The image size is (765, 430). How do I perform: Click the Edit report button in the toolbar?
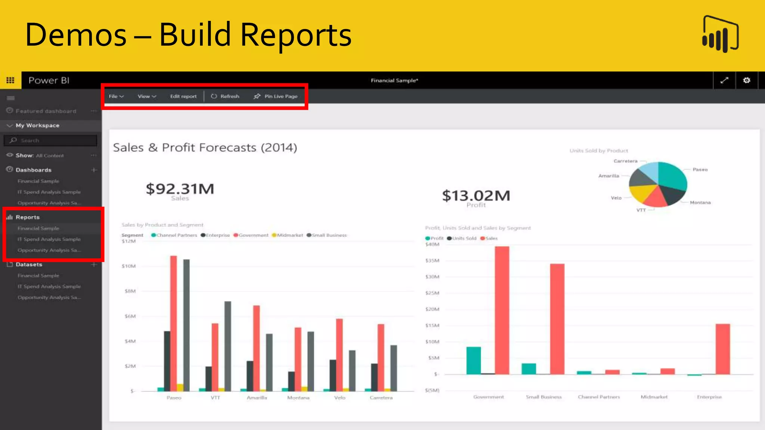click(x=183, y=96)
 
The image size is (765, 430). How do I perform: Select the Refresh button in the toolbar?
click(x=225, y=96)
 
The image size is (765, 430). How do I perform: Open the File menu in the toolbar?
click(x=116, y=96)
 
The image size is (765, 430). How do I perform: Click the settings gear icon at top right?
click(x=746, y=80)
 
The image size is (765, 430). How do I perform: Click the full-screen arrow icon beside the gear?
click(x=724, y=80)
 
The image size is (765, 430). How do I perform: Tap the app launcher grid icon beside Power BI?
click(x=10, y=80)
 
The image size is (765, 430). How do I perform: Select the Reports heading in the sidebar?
click(x=27, y=217)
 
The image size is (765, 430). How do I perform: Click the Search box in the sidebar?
click(x=52, y=140)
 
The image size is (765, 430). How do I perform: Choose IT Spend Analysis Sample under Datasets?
click(x=49, y=286)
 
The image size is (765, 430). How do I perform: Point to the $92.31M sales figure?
click(x=180, y=189)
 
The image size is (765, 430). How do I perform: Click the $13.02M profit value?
click(x=476, y=196)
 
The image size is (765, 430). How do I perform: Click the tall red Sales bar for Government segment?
click(x=502, y=310)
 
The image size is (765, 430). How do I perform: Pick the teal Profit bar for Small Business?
click(x=529, y=368)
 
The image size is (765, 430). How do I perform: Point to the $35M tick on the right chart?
click(x=432, y=261)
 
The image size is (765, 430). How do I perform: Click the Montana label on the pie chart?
click(x=700, y=203)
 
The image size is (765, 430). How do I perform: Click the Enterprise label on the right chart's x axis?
click(x=709, y=397)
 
